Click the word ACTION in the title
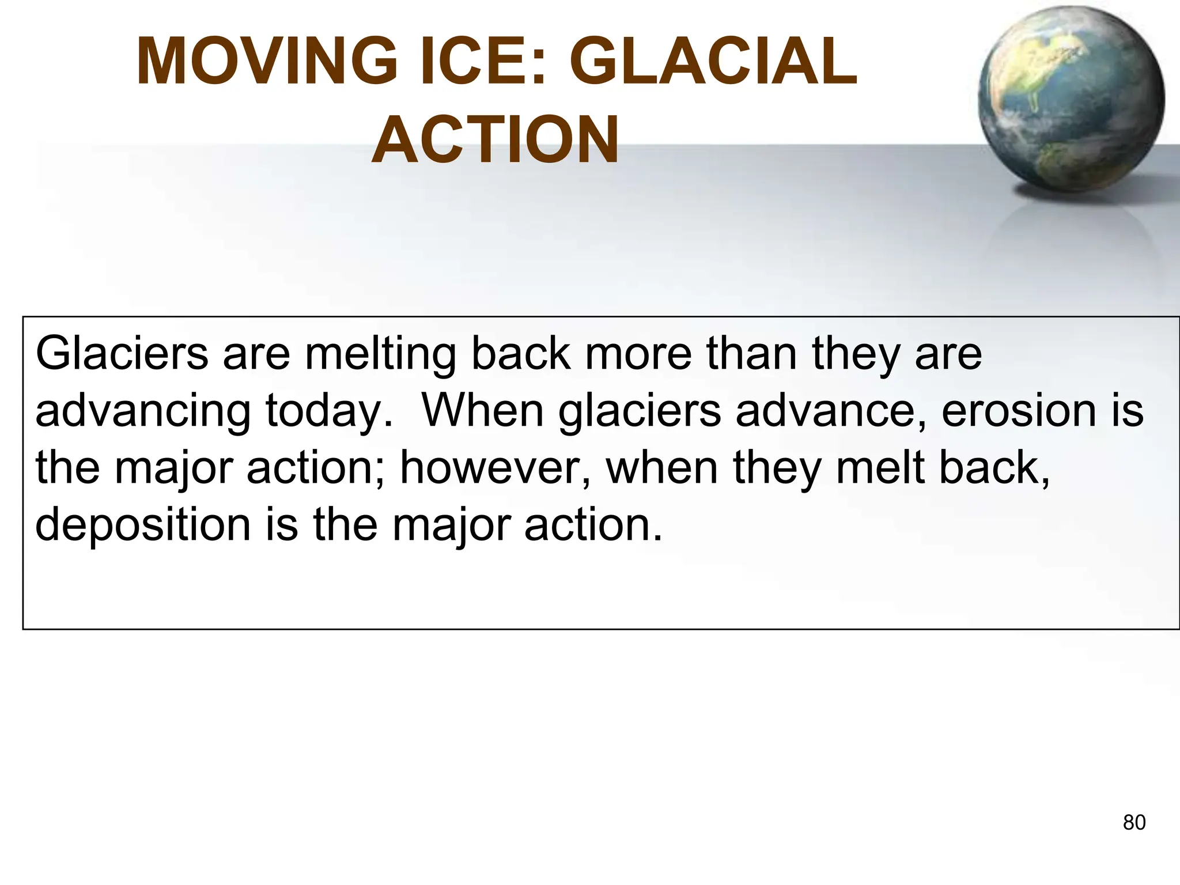[x=496, y=141]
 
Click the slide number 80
[x=1134, y=823]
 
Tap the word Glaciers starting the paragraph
[x=122, y=353]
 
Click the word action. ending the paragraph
[x=593, y=525]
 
